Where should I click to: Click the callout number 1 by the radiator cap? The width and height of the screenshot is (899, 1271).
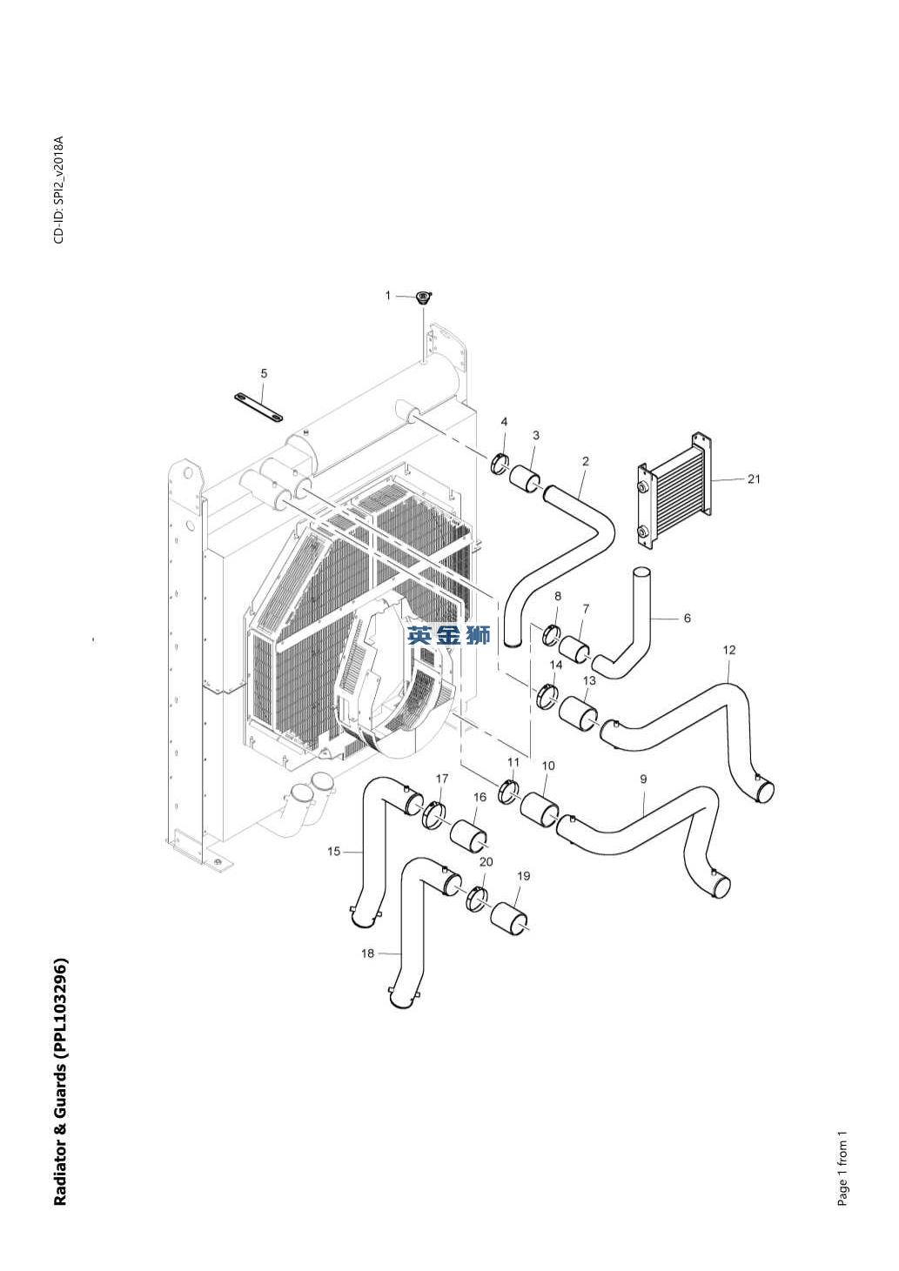[388, 296]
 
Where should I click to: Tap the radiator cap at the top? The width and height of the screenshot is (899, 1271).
[423, 298]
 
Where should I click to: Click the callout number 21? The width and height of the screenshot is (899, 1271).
[754, 478]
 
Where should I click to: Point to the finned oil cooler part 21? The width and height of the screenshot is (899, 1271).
[674, 492]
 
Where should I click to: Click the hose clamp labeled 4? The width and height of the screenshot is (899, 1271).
[501, 461]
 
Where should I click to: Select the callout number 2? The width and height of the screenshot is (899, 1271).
[585, 462]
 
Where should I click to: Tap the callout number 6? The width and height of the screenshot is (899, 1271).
[687, 619]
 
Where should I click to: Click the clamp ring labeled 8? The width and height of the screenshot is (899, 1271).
[551, 635]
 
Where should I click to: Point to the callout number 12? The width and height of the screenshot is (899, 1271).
[729, 650]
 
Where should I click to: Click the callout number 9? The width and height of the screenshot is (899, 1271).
[643, 779]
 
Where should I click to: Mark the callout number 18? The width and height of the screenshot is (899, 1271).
[367, 953]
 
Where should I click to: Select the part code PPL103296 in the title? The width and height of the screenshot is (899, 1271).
[60, 1001]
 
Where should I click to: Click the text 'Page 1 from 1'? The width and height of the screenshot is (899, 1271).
[842, 1168]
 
